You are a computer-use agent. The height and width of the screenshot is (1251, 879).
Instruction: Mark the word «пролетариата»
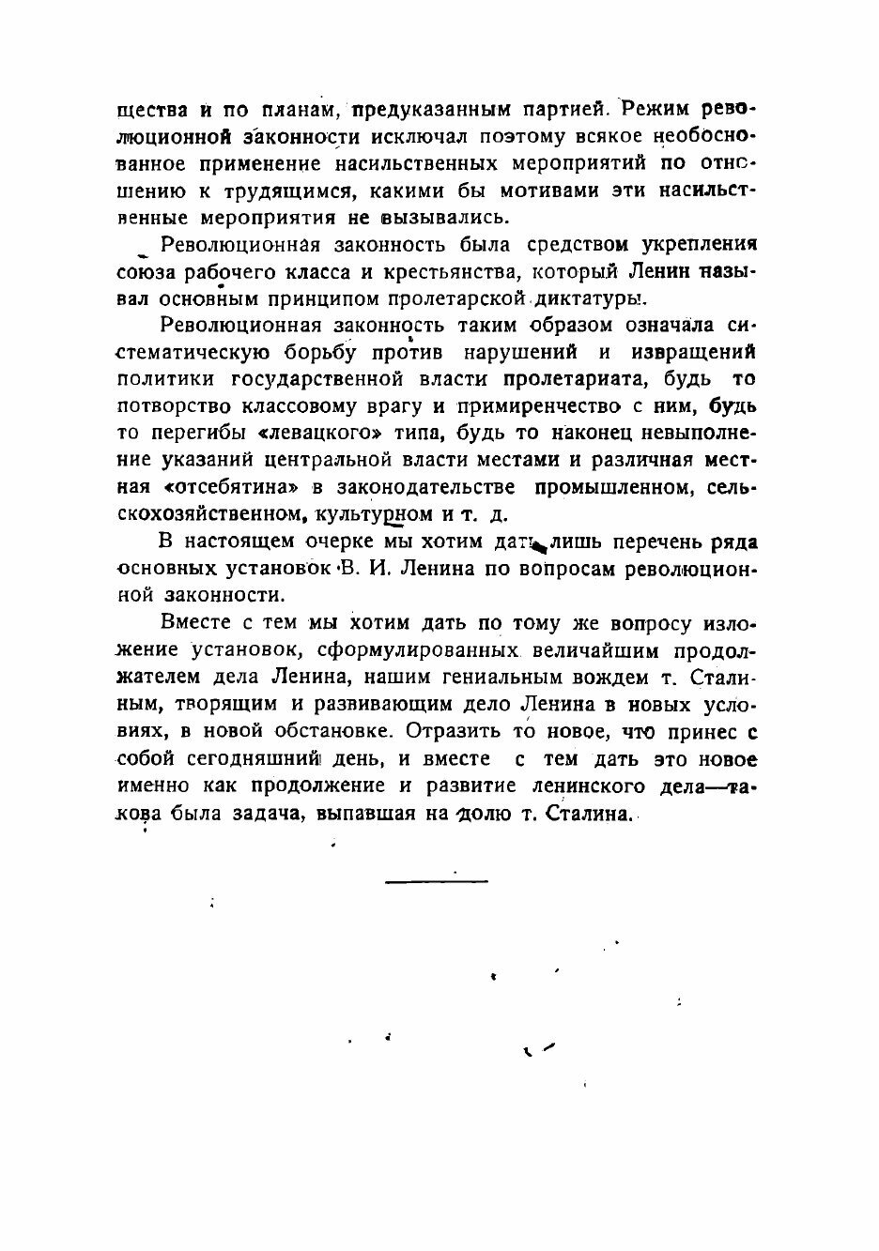click(x=576, y=380)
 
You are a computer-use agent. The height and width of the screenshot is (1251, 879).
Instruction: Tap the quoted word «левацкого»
click(x=311, y=435)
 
